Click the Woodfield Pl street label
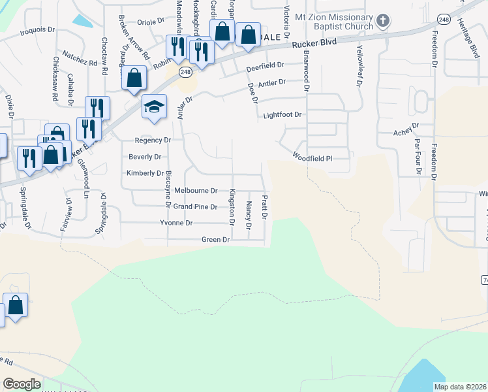(x=312, y=157)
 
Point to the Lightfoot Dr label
(x=282, y=115)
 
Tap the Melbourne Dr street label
(x=195, y=191)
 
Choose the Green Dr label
(x=215, y=240)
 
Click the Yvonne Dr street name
(x=176, y=223)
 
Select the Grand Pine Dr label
(x=195, y=207)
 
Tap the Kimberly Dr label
(x=145, y=173)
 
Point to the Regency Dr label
(x=153, y=140)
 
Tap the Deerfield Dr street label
(x=266, y=66)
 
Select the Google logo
(x=22, y=384)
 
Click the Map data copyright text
(x=459, y=387)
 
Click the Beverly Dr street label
(x=145, y=157)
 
